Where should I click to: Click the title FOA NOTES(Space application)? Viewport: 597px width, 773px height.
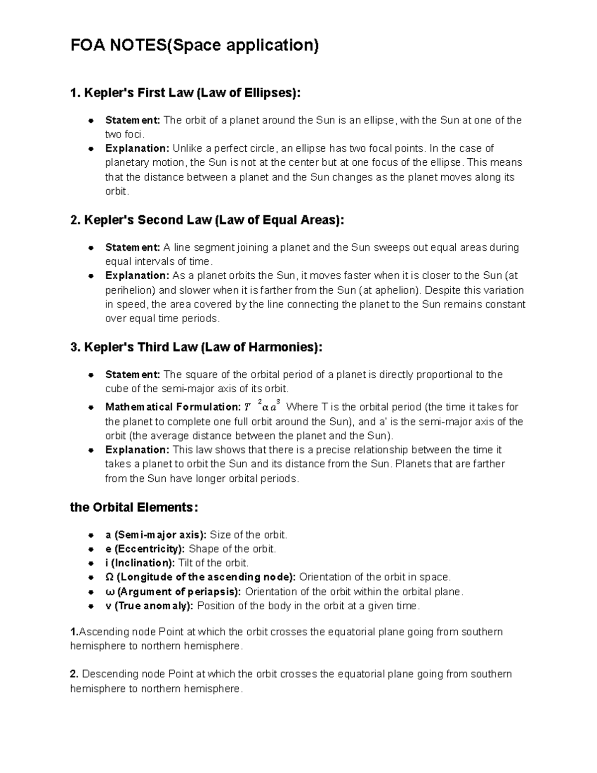(195, 46)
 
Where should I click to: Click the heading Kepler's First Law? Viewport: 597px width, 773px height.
(186, 93)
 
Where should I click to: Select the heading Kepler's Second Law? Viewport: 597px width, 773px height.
(207, 220)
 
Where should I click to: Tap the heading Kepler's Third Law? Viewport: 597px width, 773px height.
(196, 347)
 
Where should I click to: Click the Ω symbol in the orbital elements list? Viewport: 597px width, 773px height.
(109, 577)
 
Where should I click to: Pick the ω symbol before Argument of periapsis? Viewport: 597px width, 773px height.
(109, 592)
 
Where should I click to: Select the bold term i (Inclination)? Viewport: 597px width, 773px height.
(140, 563)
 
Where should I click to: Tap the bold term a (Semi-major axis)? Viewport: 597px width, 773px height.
(155, 535)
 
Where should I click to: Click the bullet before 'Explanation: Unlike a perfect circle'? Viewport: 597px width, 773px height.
(92, 149)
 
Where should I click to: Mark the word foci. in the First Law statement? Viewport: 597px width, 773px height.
(134, 134)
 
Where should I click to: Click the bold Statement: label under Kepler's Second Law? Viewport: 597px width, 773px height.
(132, 248)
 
